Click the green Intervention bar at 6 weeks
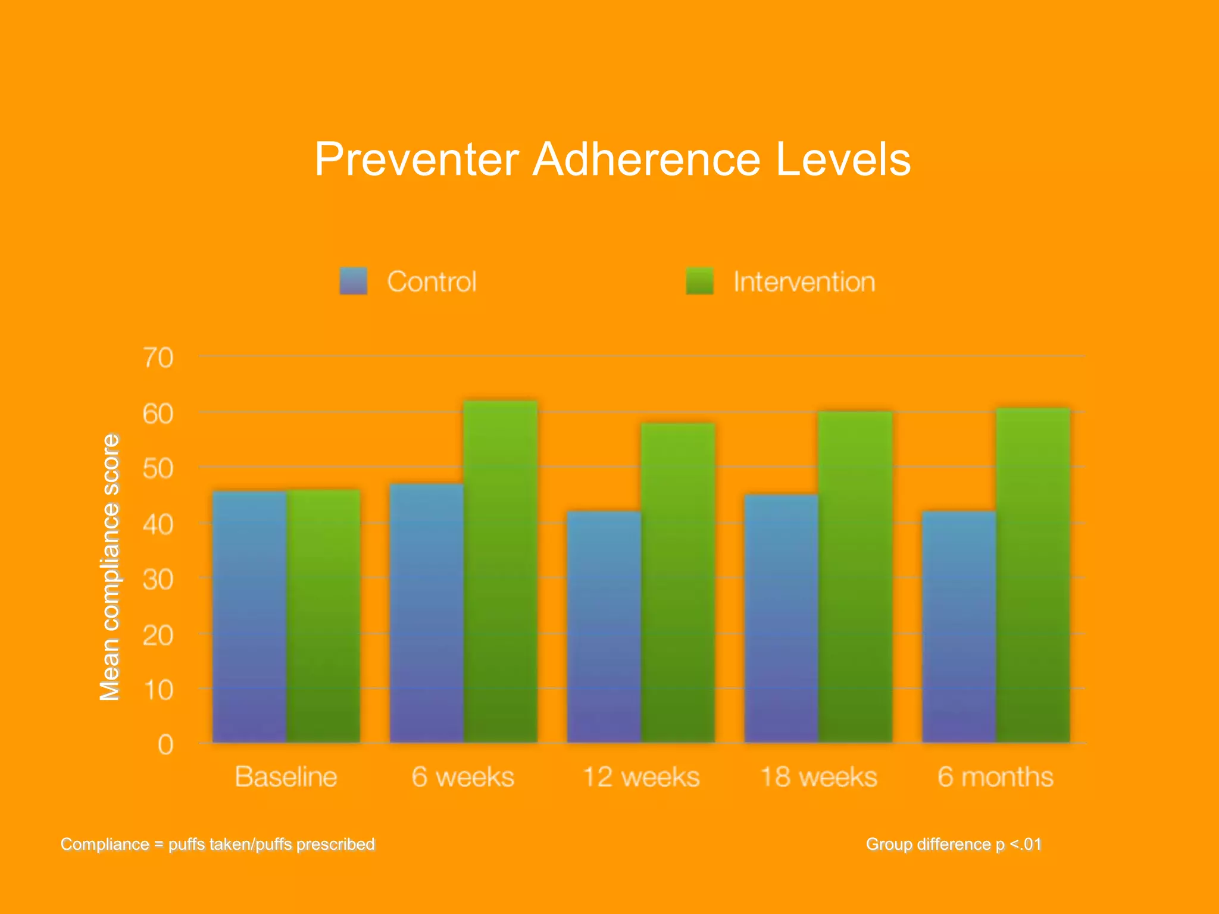[x=501, y=571]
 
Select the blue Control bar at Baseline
[x=249, y=616]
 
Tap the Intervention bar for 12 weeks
[x=678, y=583]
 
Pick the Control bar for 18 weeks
[x=782, y=619]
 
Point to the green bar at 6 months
[x=1033, y=575]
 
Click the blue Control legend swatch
[x=354, y=281]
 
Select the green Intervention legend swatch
[x=699, y=281]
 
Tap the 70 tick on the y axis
[x=158, y=358]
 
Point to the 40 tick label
[x=158, y=525]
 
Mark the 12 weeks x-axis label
[x=641, y=777]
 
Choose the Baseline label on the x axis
[x=286, y=777]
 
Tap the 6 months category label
[x=995, y=777]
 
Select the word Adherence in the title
[x=646, y=159]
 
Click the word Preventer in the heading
[x=417, y=159]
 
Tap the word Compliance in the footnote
[x=105, y=844]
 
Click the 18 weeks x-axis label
[x=818, y=777]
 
